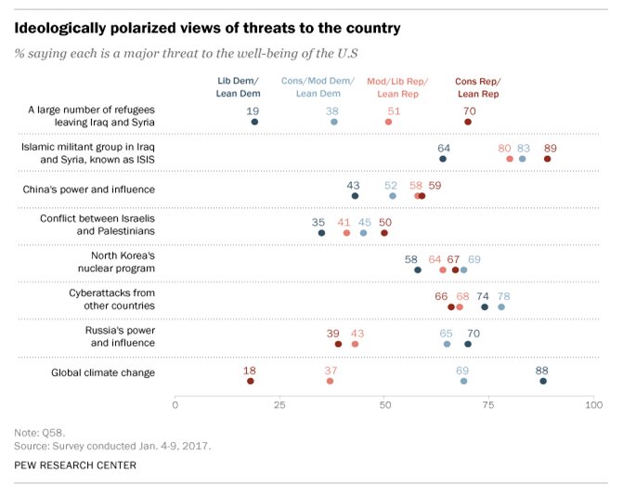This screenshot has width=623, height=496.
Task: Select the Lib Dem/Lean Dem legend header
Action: (x=237, y=87)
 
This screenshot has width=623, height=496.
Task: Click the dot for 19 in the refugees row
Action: (x=254, y=122)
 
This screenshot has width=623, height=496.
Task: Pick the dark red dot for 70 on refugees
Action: (x=468, y=122)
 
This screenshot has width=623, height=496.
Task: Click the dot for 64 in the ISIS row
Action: (x=443, y=159)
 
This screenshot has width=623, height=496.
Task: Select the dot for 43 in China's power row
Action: (x=355, y=196)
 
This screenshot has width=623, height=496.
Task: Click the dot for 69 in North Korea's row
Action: (x=463, y=269)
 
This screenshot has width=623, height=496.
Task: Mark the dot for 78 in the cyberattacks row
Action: (x=501, y=307)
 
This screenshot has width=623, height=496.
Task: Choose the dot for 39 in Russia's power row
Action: (x=338, y=344)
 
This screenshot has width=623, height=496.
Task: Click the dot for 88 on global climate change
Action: (x=543, y=381)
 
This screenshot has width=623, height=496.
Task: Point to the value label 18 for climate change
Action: (x=250, y=370)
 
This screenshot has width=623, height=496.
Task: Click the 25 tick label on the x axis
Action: (x=279, y=405)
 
